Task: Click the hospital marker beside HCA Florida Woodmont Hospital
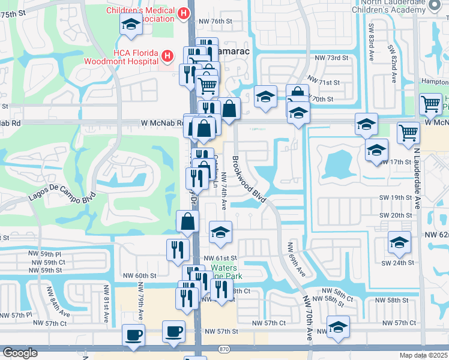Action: [x=167, y=56]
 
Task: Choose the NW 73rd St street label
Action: [x=331, y=58]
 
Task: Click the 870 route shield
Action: [x=224, y=348]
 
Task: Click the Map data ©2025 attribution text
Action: [x=423, y=355]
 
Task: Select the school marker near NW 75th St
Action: [x=130, y=25]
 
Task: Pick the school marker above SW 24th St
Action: [x=397, y=241]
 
